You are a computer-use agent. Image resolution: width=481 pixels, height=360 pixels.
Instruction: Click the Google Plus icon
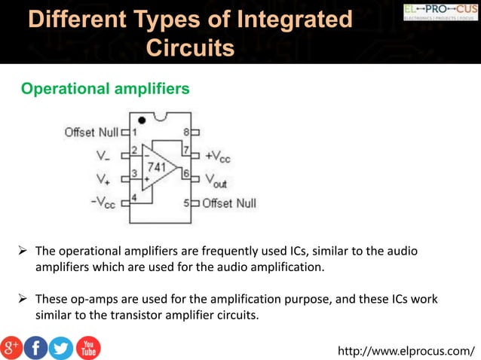pyautogui.click(x=11, y=347)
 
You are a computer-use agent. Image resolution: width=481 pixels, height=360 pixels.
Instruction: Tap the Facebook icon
pyautogui.click(x=35, y=347)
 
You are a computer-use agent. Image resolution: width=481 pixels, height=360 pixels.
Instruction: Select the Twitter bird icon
pyautogui.click(x=61, y=347)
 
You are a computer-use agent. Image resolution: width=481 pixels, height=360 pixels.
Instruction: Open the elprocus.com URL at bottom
pyautogui.click(x=407, y=350)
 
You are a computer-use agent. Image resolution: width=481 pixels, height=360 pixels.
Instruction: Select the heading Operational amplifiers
pyautogui.click(x=106, y=89)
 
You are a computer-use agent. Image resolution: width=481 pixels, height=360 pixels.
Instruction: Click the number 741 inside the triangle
pyautogui.click(x=157, y=166)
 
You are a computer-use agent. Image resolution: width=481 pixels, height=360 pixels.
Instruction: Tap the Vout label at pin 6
pyautogui.click(x=216, y=180)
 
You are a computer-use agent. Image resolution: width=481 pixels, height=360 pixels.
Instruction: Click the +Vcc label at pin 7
pyautogui.click(x=218, y=156)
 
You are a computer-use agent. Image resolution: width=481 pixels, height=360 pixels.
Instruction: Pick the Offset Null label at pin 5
pyautogui.click(x=230, y=203)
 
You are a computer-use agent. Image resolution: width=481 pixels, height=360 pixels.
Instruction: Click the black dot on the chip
pyautogui.click(x=142, y=120)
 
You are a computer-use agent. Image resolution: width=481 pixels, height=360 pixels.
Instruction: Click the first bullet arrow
pyautogui.click(x=23, y=251)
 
